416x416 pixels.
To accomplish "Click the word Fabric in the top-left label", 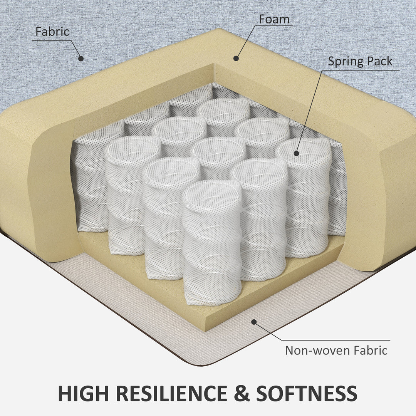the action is pos(52,32).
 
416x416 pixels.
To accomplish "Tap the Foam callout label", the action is pos(274,19).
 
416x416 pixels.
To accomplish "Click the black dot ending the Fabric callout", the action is pos(81,59).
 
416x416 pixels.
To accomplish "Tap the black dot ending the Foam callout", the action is pos(236,58).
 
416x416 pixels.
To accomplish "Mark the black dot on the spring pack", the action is pos(296,153).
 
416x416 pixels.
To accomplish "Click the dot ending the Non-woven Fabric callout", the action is pos(254,322).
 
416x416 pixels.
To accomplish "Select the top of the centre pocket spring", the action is pos(219,150).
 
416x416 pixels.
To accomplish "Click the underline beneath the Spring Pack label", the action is pos(361,70).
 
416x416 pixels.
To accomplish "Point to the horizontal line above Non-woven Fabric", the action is pos(335,340).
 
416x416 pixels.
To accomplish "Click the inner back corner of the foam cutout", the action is pos(214,64).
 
